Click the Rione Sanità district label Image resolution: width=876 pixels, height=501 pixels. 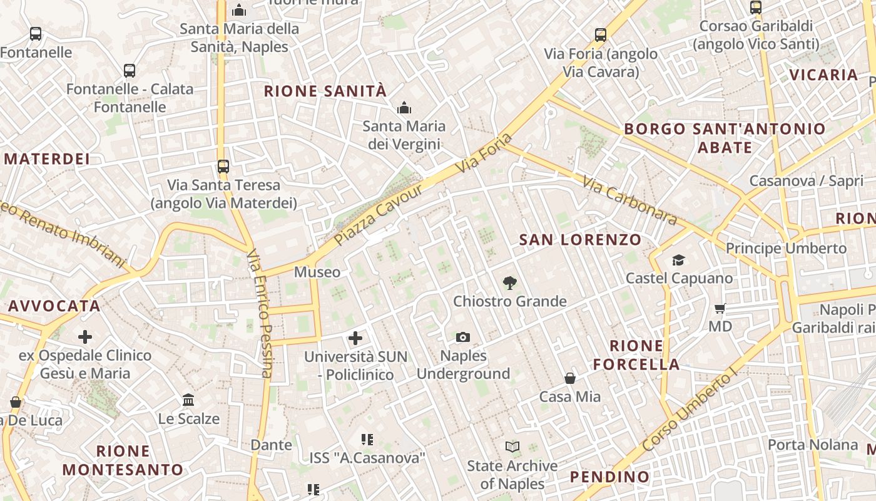click(x=325, y=91)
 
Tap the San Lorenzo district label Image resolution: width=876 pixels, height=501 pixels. click(x=580, y=240)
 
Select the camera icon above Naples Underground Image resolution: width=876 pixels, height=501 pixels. click(x=463, y=338)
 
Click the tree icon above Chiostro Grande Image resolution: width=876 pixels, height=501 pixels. click(x=510, y=283)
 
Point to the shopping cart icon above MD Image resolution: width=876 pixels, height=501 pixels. click(x=720, y=308)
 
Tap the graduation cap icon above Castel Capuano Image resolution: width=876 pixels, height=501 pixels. click(x=678, y=260)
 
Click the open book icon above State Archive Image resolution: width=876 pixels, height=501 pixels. click(x=512, y=447)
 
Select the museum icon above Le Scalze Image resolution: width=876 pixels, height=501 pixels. click(x=188, y=400)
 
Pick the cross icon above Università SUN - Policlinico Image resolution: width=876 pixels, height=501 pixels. click(x=355, y=339)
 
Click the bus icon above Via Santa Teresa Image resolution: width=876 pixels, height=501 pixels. click(x=223, y=167)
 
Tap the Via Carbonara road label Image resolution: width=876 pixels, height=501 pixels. click(x=629, y=200)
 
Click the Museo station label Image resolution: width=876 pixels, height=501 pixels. click(x=317, y=272)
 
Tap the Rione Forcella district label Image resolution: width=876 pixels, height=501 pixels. click(x=636, y=355)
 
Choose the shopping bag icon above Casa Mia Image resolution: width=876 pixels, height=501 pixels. click(x=570, y=378)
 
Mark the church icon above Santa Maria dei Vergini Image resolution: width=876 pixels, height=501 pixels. click(x=404, y=108)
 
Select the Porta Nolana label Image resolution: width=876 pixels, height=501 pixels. click(x=812, y=445)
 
